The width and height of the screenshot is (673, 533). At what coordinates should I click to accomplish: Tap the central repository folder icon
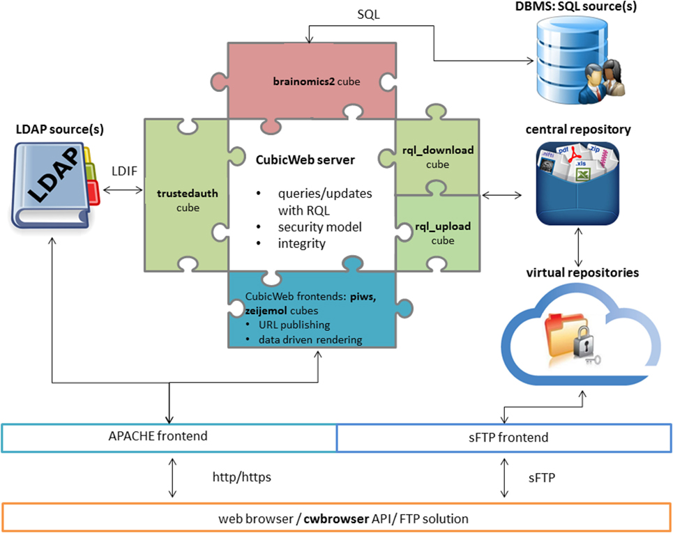tap(577, 183)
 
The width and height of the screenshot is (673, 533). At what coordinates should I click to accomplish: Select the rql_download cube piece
tap(437, 157)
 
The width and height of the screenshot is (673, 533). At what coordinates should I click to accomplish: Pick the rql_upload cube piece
tap(437, 233)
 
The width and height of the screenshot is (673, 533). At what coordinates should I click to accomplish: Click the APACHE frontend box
tap(169, 438)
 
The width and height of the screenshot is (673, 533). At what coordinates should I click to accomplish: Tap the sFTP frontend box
tap(504, 438)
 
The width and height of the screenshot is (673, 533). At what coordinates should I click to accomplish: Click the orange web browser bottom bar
tap(336, 519)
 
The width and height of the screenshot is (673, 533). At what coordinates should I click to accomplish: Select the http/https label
tap(242, 478)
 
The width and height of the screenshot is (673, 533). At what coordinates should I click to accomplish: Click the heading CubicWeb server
tap(305, 160)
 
